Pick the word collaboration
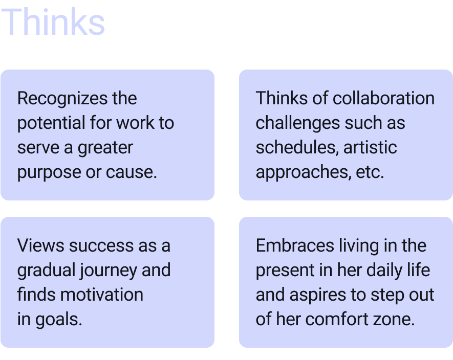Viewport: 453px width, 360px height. pyautogui.click(x=383, y=98)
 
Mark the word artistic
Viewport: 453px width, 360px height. pyautogui.click(x=370, y=147)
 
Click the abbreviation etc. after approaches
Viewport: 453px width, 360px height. pyautogui.click(x=369, y=172)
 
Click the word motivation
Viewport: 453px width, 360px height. pyautogui.click(x=102, y=295)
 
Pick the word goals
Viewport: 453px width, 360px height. pyautogui.click(x=59, y=320)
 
